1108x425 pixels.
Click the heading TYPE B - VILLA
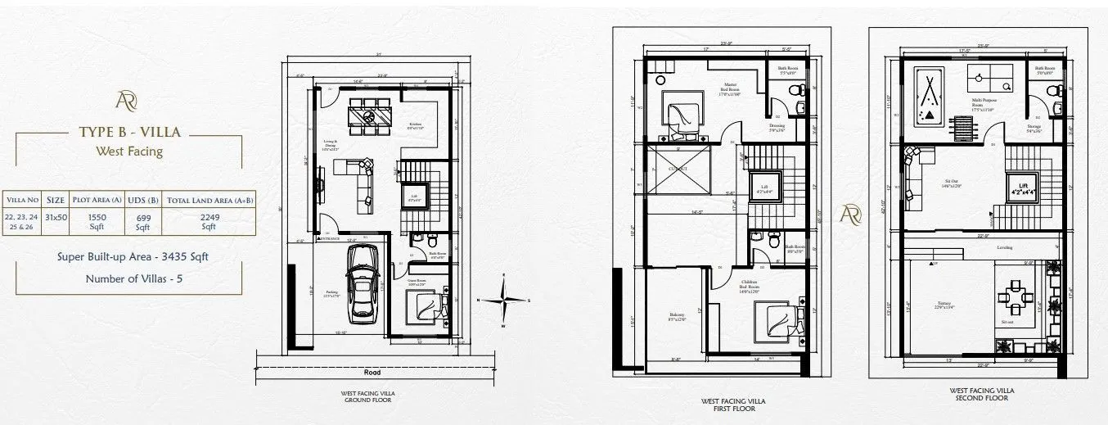click(129, 132)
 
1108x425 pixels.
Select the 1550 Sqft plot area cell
click(97, 221)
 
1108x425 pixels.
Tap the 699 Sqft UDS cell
click(142, 221)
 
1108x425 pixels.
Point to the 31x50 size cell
click(56, 216)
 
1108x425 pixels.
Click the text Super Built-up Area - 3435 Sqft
click(133, 256)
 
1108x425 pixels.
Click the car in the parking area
click(362, 281)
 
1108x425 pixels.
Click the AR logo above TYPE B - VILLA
click(128, 101)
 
